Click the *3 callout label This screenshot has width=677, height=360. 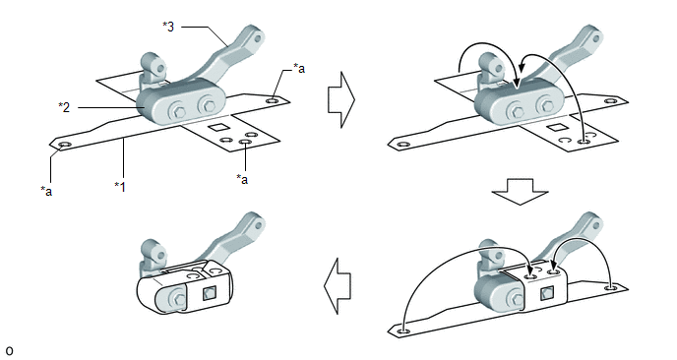168,27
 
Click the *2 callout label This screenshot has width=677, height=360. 64,106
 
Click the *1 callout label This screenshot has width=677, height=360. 120,187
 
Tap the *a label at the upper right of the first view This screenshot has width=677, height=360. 299,68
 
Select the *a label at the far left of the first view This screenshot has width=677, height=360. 46,191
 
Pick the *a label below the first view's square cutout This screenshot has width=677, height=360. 242,179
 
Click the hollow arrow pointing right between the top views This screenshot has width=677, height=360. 341,99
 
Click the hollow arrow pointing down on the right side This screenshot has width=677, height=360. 521,191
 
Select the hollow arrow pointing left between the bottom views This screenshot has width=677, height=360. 338,286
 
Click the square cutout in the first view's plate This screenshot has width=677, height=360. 216,127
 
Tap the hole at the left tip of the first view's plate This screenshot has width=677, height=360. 64,145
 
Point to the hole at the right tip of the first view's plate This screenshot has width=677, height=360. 273,100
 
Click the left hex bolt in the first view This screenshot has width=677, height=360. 178,110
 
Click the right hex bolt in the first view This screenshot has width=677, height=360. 207,105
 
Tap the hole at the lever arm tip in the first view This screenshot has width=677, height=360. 258,38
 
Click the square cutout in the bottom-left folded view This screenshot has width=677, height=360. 210,294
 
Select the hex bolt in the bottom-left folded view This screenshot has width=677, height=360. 177,298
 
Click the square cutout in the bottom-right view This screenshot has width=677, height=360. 546,294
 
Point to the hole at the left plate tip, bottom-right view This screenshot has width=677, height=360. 403,331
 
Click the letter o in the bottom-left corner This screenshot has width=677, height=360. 10,350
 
